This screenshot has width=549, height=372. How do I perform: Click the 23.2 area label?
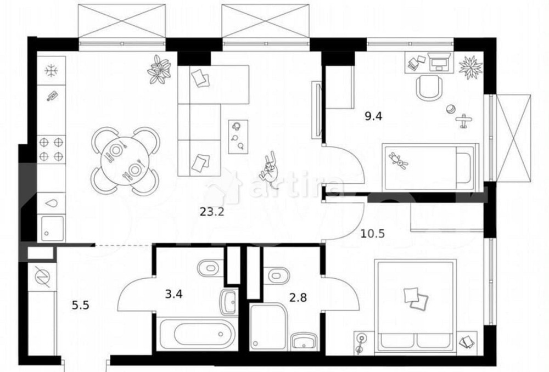coord(211,212)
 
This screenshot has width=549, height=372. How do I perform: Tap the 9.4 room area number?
coord(373,116)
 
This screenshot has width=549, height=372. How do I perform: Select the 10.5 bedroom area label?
coord(373,233)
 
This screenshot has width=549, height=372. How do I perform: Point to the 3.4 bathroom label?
coord(173,294)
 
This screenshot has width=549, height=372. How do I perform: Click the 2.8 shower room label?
coord(298,297)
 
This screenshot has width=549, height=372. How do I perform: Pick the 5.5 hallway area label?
coord(81,305)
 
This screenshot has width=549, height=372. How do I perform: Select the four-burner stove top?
coord(51,149)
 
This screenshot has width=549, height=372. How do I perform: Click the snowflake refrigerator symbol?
coord(51,71)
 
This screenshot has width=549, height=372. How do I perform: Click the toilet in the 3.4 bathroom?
coord(210,268)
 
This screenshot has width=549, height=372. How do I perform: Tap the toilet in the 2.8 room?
coord(276,275)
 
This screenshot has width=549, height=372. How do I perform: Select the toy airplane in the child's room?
coord(464,121)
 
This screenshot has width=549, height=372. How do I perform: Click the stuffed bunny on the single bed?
coord(399,161)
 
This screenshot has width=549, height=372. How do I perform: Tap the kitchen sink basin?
coord(53,228)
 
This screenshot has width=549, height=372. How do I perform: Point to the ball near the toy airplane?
coord(451,109)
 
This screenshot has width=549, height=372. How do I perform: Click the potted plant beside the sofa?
coord(159,69)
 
